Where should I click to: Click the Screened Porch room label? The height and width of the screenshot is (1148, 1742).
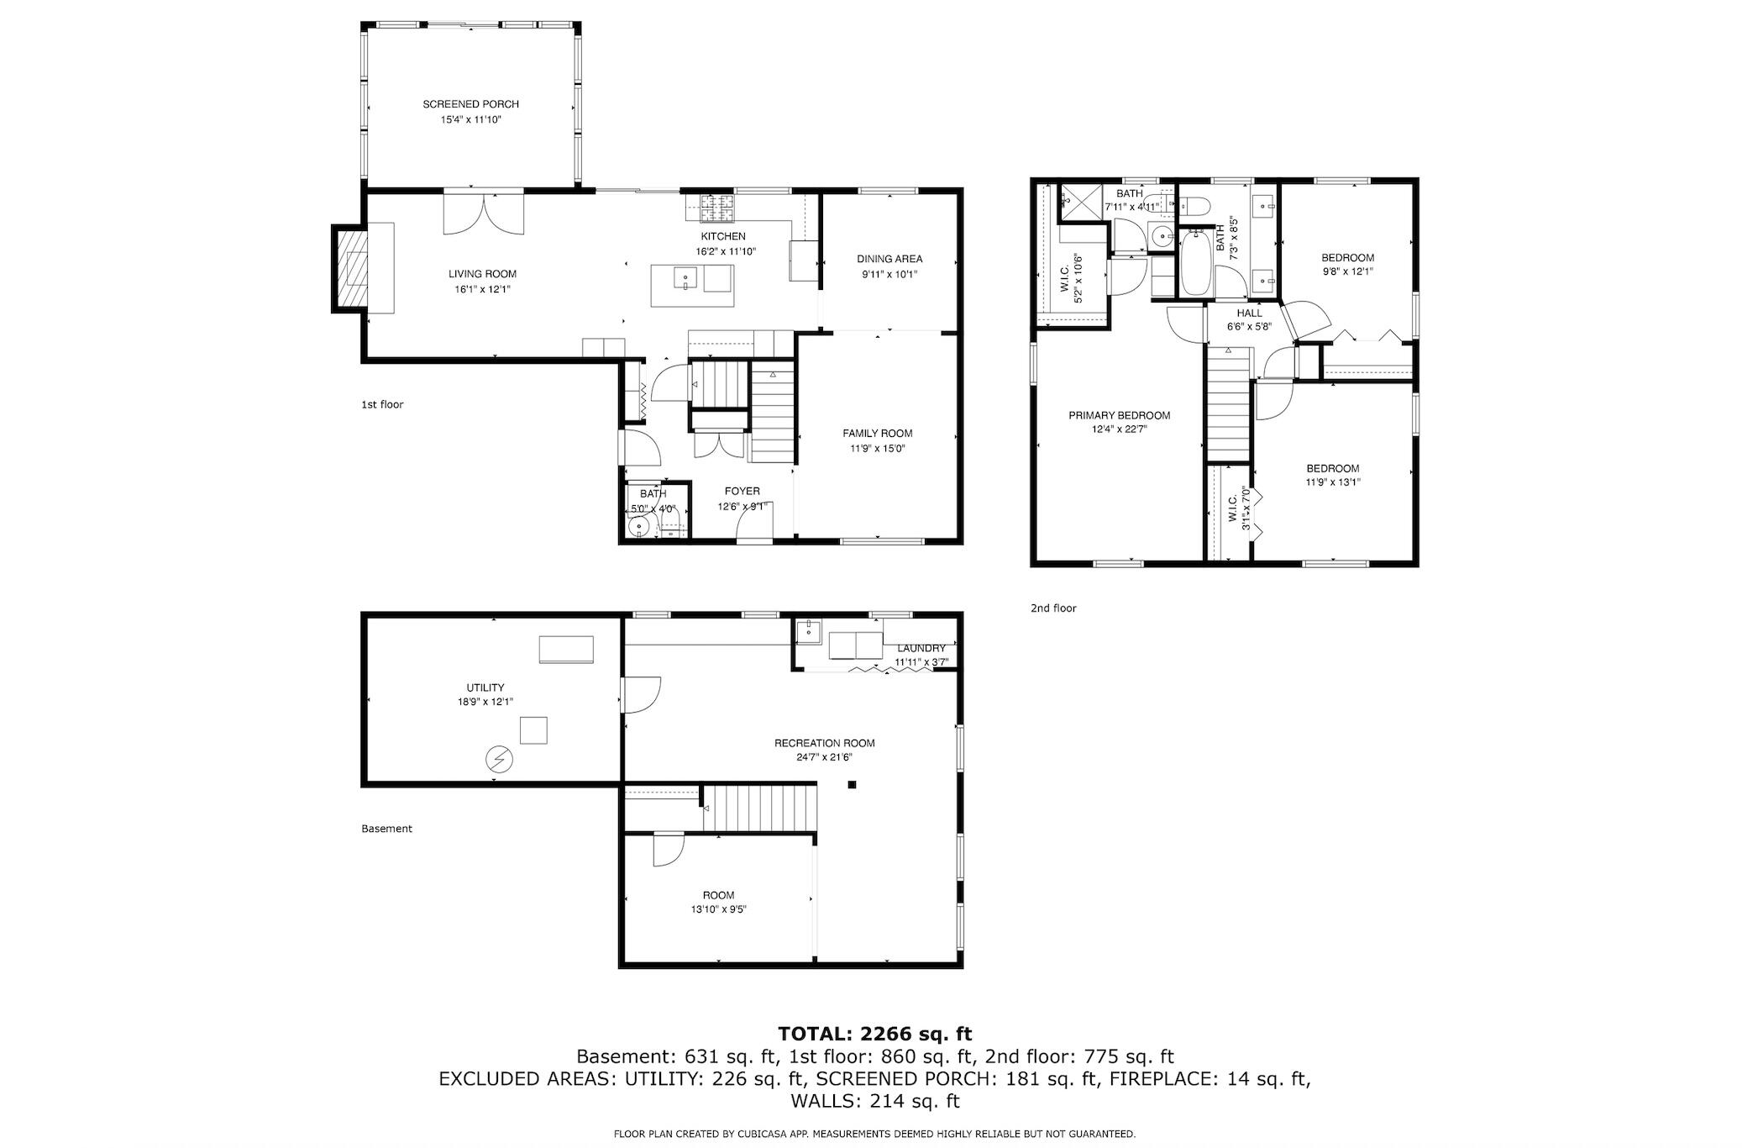click(470, 104)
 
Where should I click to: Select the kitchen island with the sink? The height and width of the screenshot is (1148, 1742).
click(692, 285)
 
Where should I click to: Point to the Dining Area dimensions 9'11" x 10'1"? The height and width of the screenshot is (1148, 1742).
click(889, 274)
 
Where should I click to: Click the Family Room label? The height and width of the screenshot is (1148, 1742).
click(878, 434)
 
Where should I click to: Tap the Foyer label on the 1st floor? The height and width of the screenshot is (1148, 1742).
click(742, 492)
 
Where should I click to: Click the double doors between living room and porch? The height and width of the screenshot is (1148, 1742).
click(484, 213)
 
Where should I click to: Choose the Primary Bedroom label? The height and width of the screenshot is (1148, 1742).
click(1119, 415)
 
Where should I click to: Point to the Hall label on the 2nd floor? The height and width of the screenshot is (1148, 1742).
click(1249, 313)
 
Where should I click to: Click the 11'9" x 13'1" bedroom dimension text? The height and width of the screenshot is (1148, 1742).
click(1333, 482)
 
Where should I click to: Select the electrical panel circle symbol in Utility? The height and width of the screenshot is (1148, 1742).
click(499, 760)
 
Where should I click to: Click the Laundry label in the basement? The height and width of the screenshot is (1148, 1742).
click(921, 648)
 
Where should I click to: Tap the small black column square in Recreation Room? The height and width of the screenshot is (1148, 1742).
click(852, 785)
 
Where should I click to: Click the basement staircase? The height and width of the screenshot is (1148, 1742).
click(759, 808)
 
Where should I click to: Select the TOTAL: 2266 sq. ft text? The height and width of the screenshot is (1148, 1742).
click(874, 1034)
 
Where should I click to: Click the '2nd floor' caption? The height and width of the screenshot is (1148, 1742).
click(1053, 608)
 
